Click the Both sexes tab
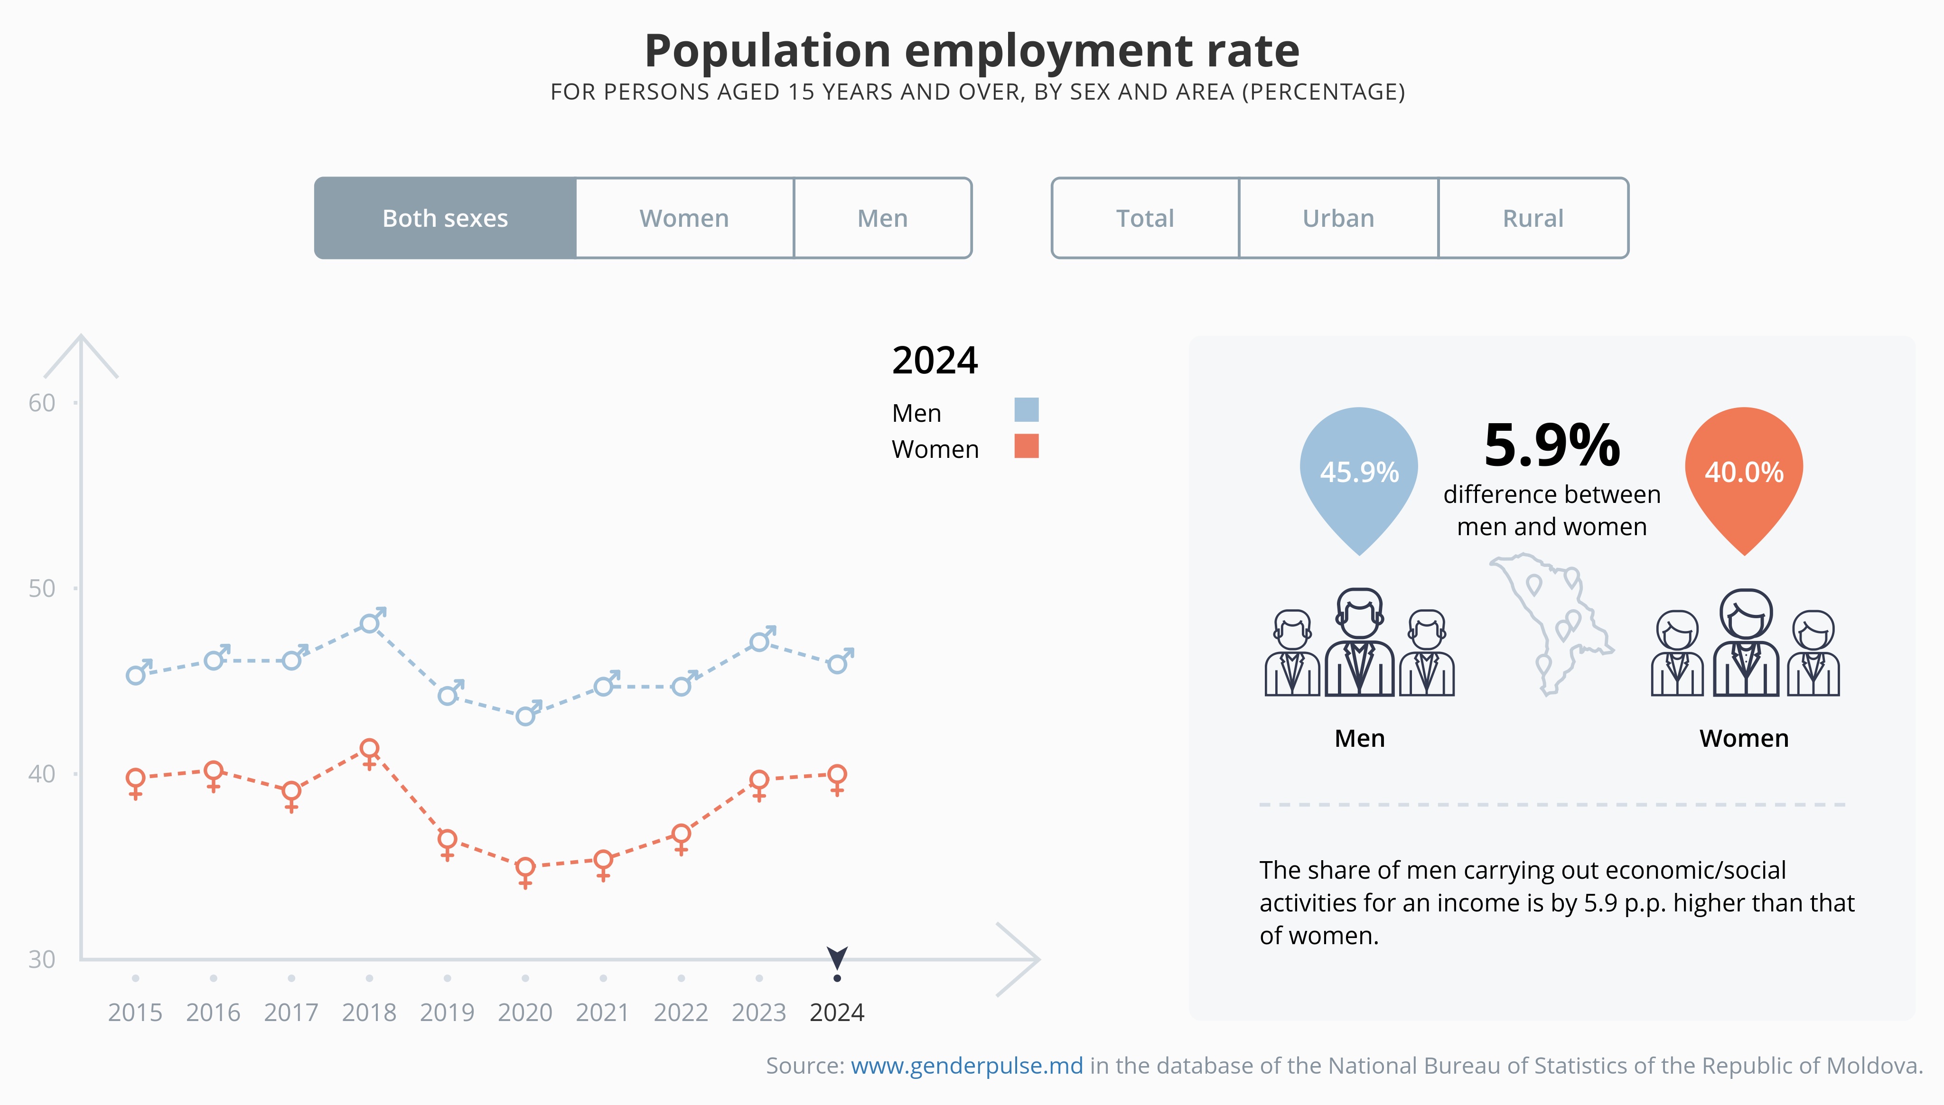(445, 219)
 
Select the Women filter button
(684, 219)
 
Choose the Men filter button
(882, 219)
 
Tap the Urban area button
(1338, 219)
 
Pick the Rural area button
(1533, 219)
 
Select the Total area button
(1145, 219)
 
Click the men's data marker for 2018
(370, 623)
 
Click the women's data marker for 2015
(136, 779)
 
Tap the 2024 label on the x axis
(837, 1012)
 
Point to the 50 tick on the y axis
(42, 588)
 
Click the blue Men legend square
(1026, 410)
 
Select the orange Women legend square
(1026, 446)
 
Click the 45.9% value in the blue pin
(1359, 472)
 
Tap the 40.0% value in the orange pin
(1744, 472)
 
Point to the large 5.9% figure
(1551, 446)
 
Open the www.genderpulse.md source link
(966, 1066)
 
